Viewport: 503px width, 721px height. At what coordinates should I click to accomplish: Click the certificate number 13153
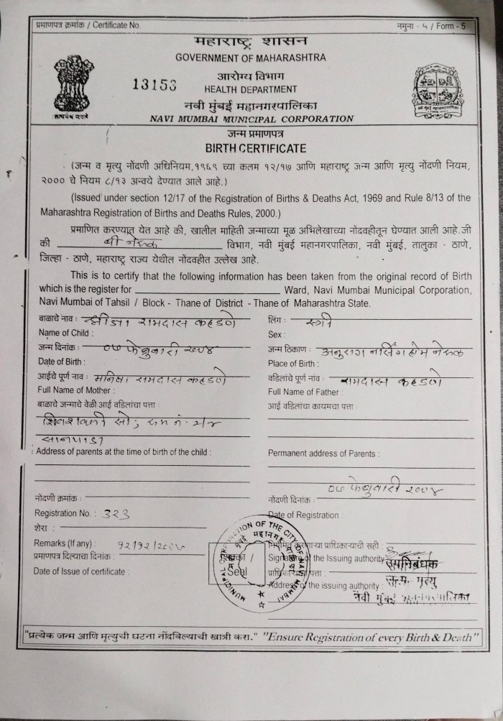[154, 83]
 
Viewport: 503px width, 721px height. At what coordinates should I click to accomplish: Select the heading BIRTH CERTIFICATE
[256, 149]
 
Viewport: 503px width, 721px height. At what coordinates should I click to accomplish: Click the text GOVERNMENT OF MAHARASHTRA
[250, 58]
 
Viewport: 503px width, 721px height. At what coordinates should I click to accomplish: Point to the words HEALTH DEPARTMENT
[250, 89]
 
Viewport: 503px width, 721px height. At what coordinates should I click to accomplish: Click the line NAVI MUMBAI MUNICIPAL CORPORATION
[251, 119]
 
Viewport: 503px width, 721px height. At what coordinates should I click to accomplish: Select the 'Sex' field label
[276, 334]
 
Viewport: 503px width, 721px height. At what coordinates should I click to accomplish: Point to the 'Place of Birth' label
[292, 363]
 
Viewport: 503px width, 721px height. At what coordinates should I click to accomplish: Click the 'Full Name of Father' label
[300, 392]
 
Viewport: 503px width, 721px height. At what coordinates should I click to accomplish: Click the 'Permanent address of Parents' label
[323, 454]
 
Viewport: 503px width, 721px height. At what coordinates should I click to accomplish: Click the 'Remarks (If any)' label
[64, 543]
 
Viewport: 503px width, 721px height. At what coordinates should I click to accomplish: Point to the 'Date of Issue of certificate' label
[81, 571]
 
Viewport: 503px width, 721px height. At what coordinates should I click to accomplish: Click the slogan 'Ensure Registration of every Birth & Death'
[367, 637]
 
